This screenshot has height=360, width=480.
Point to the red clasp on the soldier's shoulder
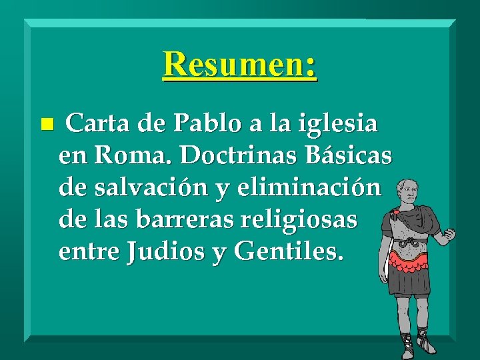point(395,215)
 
